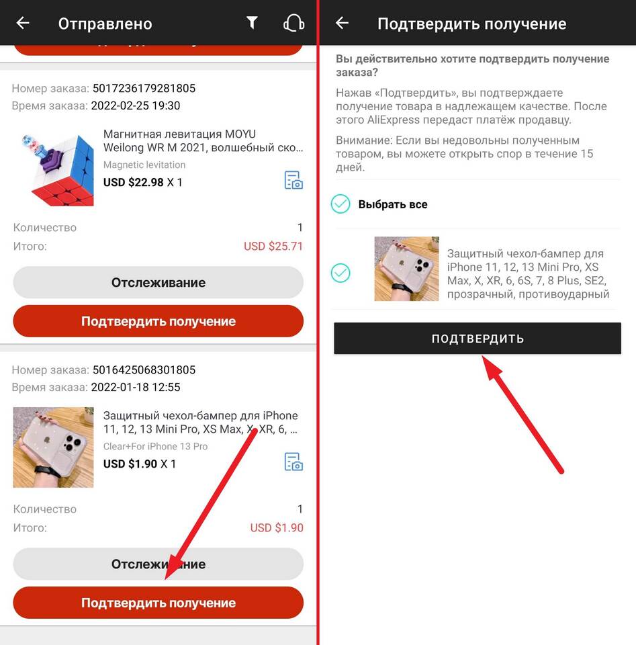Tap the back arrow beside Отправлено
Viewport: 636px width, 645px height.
23,23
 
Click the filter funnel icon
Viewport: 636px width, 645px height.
252,23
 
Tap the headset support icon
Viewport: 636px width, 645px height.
294,23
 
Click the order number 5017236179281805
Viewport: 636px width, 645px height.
144,89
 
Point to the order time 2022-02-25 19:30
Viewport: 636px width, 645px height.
135,105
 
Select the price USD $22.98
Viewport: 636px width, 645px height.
133,182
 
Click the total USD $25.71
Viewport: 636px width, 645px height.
273,247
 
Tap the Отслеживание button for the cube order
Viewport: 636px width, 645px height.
158,282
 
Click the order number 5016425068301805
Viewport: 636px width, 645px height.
144,370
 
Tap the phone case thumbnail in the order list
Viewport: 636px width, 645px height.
54,447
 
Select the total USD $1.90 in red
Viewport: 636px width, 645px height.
277,528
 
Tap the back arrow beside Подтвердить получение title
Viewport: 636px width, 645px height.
342,23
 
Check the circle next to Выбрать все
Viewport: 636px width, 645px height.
340,204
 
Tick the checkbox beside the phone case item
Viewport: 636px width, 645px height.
340,273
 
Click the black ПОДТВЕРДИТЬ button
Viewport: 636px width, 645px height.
478,338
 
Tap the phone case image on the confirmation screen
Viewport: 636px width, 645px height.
406,269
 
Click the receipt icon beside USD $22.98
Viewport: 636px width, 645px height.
293,180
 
